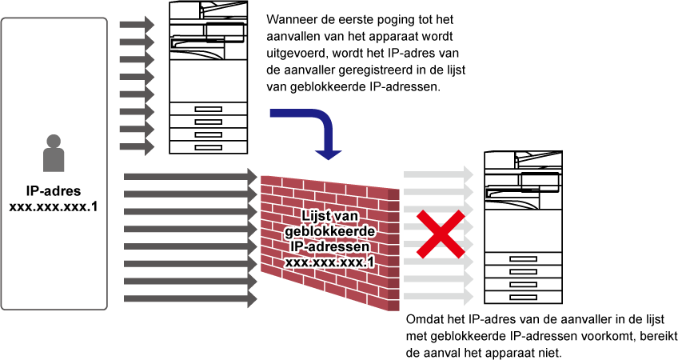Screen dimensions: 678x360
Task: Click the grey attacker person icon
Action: coord(54,153)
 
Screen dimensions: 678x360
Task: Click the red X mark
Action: coord(441,234)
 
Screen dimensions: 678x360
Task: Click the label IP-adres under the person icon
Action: coord(54,191)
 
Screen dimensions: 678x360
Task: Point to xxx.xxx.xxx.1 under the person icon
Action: coord(54,207)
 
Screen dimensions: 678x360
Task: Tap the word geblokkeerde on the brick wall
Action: coord(330,231)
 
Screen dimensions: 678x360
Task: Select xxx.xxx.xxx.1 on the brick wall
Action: coord(330,262)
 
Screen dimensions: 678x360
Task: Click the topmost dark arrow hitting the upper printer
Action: coord(137,25)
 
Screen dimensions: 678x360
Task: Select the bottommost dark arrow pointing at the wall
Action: coord(190,298)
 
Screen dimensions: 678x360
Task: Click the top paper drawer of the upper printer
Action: coord(208,109)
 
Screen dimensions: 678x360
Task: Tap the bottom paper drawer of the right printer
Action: coord(523,298)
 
